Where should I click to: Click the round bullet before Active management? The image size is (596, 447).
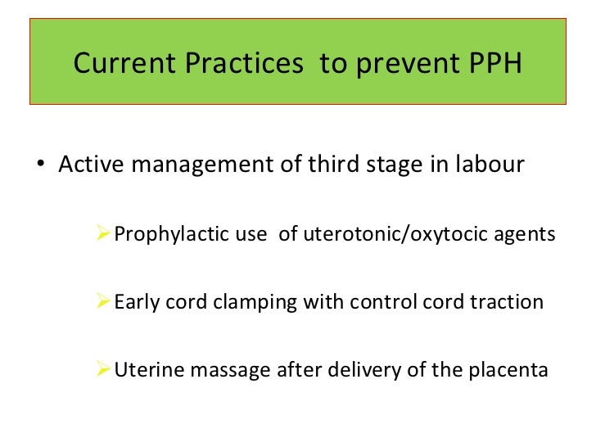click(x=41, y=165)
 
